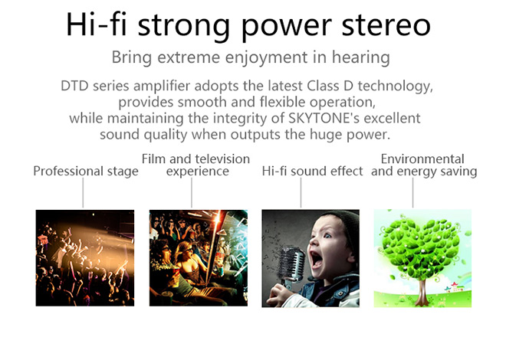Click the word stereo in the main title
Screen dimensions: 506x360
386,25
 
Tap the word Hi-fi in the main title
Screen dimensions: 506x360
96,24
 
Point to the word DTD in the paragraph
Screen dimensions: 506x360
74,86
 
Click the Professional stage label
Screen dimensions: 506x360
86,171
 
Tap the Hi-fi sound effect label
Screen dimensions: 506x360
312,171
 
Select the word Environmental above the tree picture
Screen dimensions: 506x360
422,159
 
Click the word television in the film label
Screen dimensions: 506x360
222,159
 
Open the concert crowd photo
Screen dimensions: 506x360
85,258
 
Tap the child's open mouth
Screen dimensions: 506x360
316,259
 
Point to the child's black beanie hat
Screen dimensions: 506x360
345,226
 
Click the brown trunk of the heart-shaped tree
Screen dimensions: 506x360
422,292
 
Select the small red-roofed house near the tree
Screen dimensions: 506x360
454,286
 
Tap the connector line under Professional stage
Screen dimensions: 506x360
83,193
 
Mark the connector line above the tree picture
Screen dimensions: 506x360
412,193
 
